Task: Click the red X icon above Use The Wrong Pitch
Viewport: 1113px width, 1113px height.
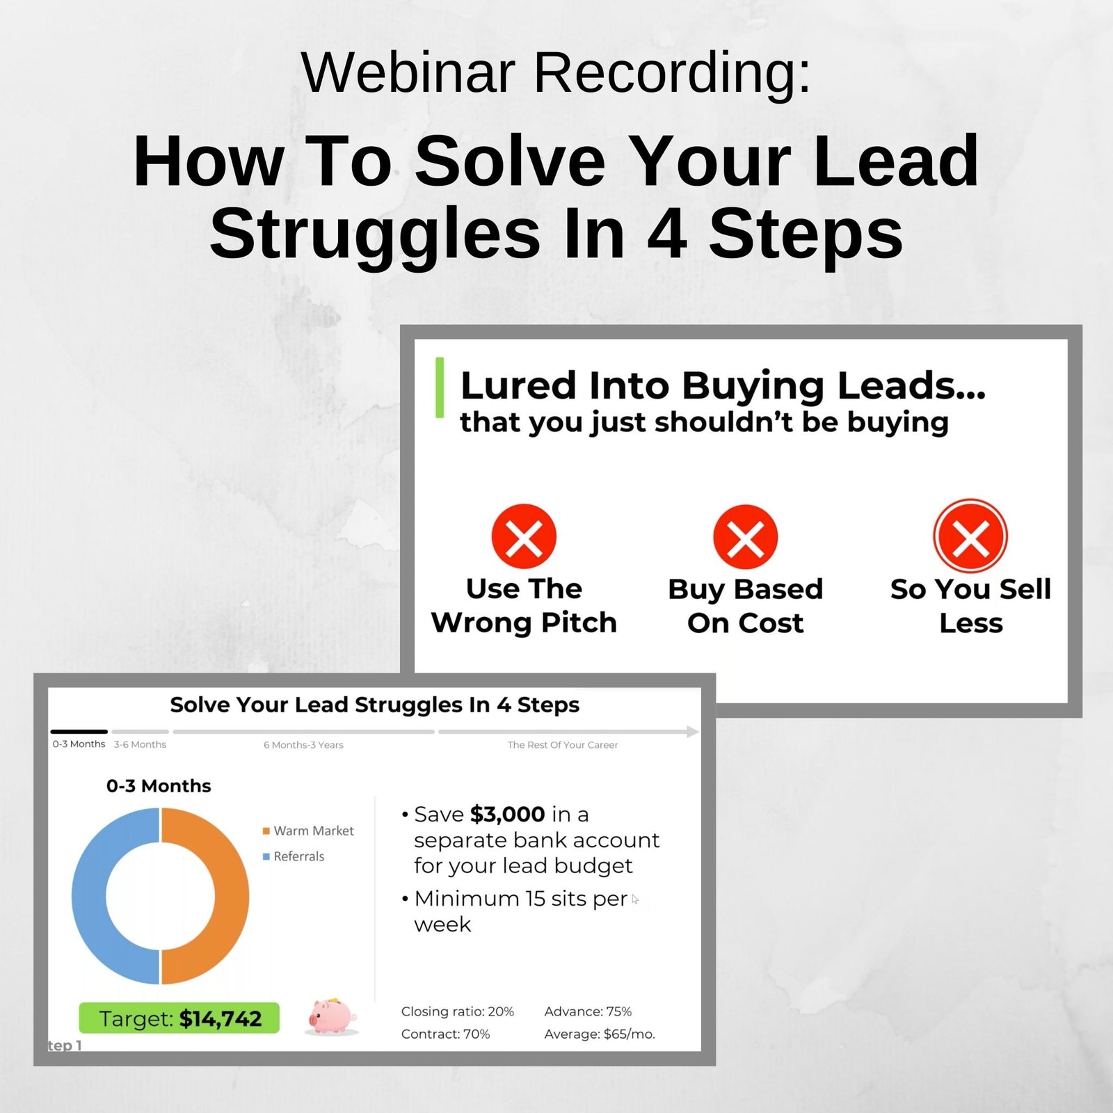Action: click(524, 536)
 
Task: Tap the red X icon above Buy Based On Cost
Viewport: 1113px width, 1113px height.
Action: click(745, 536)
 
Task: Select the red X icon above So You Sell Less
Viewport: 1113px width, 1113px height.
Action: click(970, 536)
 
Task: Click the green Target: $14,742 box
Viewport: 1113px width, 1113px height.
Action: click(179, 1018)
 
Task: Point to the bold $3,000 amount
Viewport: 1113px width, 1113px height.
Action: click(507, 814)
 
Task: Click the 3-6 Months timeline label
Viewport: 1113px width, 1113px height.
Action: click(140, 744)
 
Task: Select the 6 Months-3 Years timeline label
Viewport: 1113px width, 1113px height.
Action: click(303, 745)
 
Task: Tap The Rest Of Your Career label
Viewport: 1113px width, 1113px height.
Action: click(562, 745)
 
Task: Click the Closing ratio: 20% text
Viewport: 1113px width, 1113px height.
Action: click(457, 1011)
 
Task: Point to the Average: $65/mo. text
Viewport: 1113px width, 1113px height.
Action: click(600, 1034)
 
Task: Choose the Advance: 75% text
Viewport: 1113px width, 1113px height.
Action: click(588, 1011)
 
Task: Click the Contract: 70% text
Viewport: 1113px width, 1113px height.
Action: click(445, 1034)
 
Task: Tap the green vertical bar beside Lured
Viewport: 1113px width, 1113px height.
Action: click(440, 387)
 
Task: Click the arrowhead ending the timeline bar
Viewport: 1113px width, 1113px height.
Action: click(692, 731)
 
